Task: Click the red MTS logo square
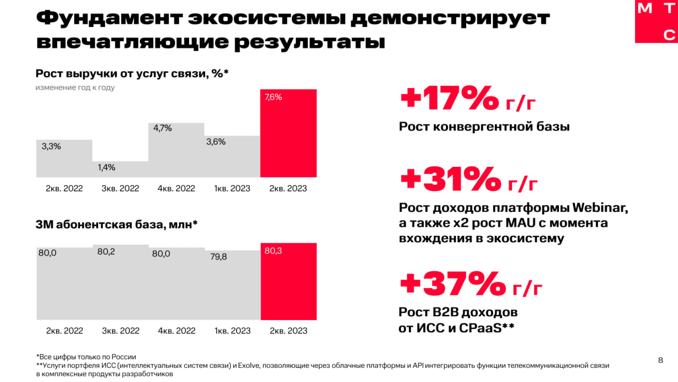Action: (656, 21)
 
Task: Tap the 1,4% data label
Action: (106, 167)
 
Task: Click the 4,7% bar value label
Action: (163, 128)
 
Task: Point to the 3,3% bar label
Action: (51, 146)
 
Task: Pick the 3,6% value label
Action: (216, 141)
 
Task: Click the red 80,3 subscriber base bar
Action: (288, 283)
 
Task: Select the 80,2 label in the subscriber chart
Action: (106, 252)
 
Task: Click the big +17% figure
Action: (449, 99)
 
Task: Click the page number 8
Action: (660, 361)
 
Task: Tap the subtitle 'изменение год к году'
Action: (75, 87)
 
